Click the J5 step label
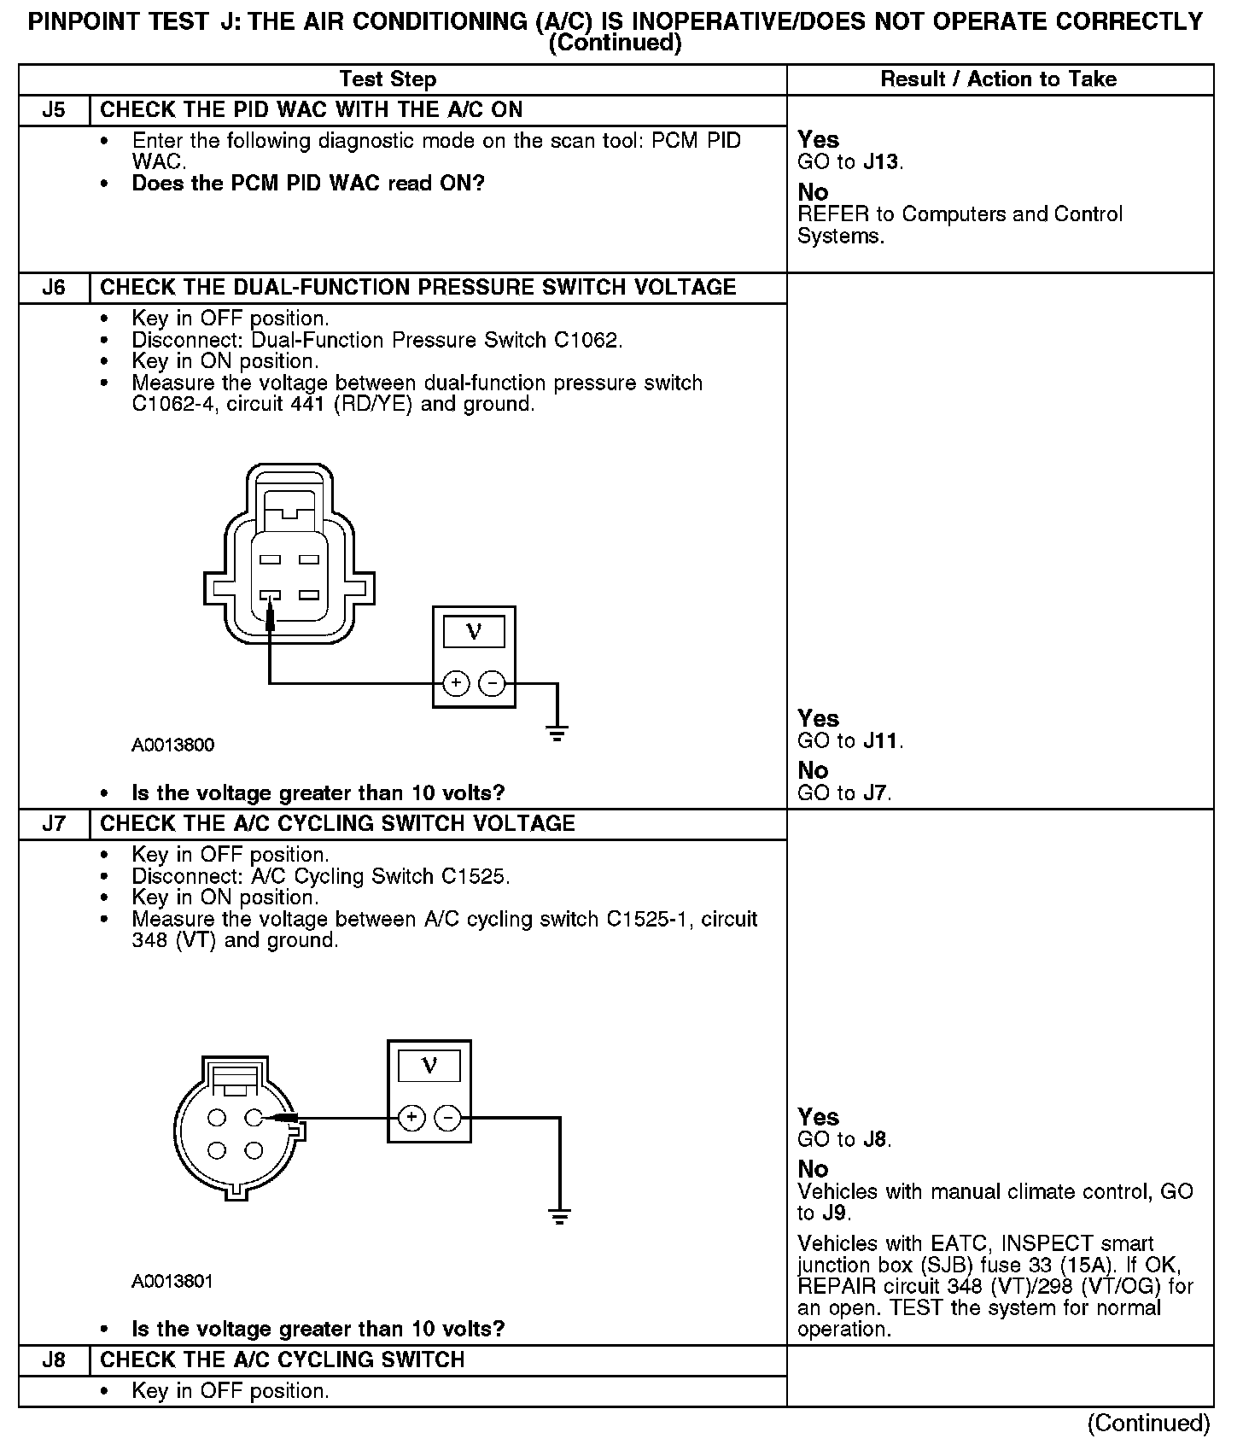click(54, 110)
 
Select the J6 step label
click(54, 287)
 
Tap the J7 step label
click(54, 824)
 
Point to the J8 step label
click(54, 1359)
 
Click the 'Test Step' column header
click(388, 79)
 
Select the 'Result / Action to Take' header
click(998, 79)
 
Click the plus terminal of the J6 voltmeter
click(456, 683)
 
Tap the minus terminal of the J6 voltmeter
click(492, 683)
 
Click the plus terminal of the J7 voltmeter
click(411, 1118)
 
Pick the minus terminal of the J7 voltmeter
click(447, 1118)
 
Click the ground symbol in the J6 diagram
click(557, 733)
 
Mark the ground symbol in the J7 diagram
click(559, 1218)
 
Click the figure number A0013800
click(172, 745)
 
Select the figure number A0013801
click(172, 1282)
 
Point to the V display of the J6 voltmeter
click(474, 632)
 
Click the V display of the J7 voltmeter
click(429, 1066)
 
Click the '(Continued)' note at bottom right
click(1148, 1424)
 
